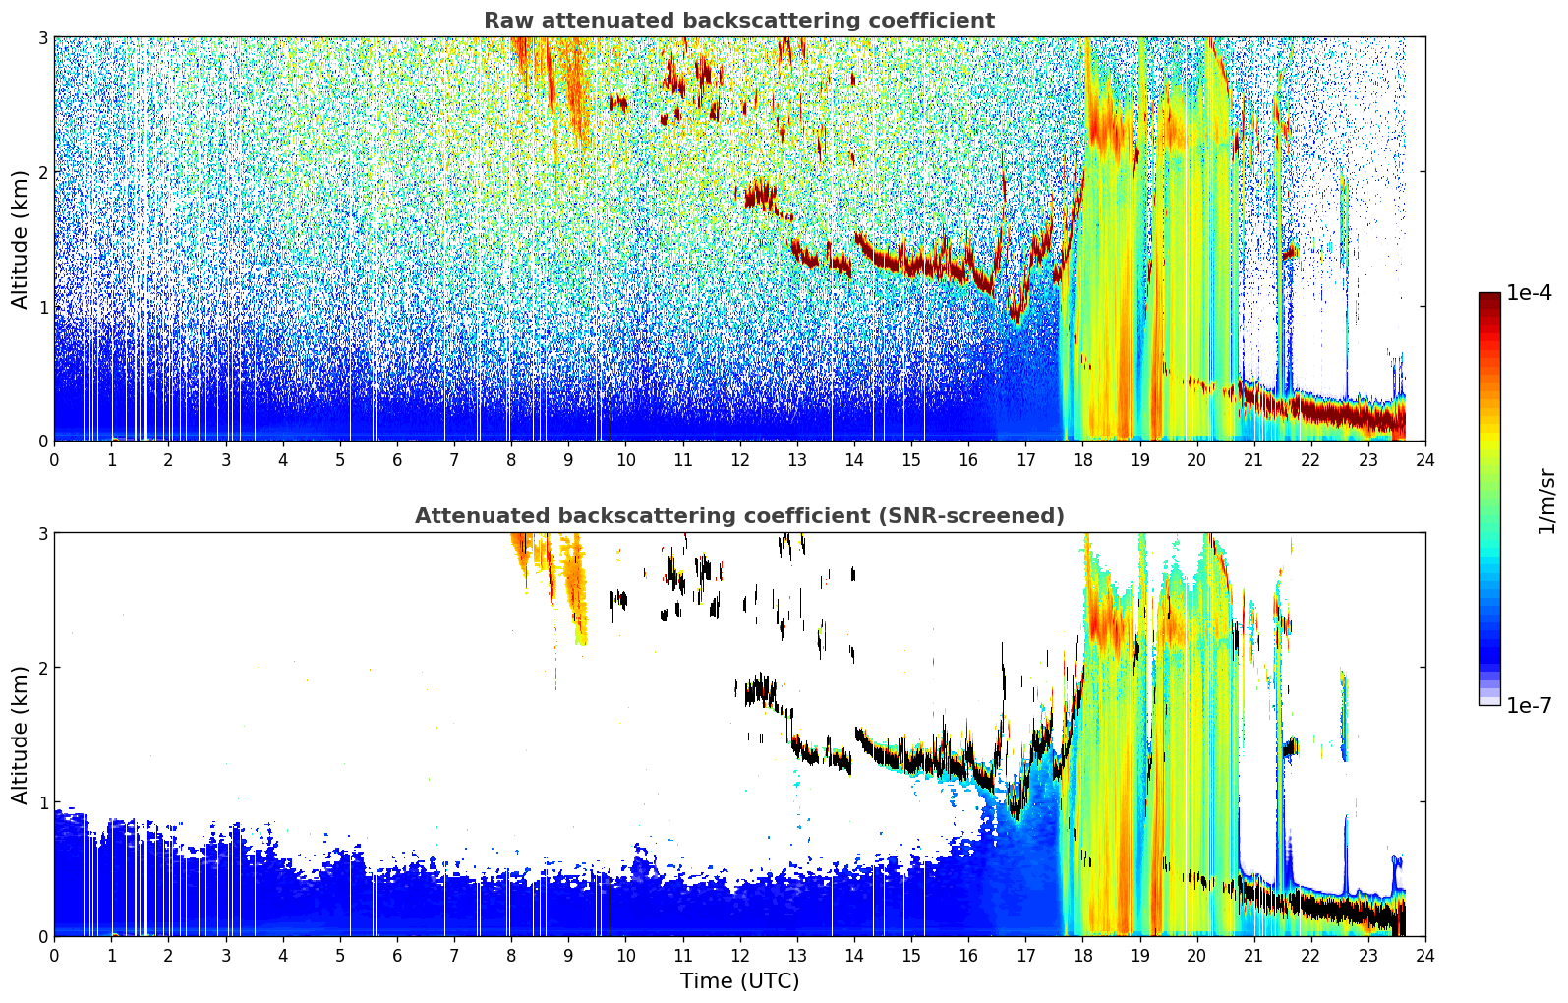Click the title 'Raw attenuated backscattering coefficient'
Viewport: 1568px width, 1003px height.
pos(739,21)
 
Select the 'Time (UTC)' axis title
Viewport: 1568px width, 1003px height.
pos(739,980)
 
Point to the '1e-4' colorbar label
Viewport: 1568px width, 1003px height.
pos(1529,293)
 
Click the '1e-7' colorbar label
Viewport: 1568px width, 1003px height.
pos(1529,705)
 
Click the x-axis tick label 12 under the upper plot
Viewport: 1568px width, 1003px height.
pos(740,460)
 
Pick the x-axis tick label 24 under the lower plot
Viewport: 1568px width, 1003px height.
pos(1425,956)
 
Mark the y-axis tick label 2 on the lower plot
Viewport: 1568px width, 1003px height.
pos(42,668)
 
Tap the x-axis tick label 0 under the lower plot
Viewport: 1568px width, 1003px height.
pos(55,956)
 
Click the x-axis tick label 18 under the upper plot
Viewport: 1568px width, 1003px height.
pos(1083,460)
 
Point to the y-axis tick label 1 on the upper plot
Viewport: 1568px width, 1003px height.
pos(42,307)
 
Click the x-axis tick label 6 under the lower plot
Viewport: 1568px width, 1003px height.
pos(397,956)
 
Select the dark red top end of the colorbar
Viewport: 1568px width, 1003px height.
pos(1489,297)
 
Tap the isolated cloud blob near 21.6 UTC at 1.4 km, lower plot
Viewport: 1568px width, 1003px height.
pos(1290,746)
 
